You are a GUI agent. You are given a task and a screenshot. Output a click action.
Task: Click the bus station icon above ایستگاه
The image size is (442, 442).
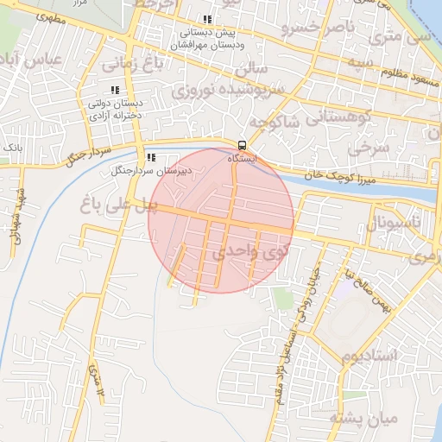pyautogui.click(x=241, y=145)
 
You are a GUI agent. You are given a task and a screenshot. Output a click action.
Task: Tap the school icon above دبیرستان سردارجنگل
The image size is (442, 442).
pyautogui.click(x=151, y=158)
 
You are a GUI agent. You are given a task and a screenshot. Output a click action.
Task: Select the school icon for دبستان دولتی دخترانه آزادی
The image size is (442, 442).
pyautogui.click(x=115, y=91)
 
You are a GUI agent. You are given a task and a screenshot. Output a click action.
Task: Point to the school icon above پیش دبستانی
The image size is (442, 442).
pyautogui.click(x=206, y=20)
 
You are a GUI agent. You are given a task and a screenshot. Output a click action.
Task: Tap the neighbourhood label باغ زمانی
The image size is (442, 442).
pyautogui.click(x=129, y=63)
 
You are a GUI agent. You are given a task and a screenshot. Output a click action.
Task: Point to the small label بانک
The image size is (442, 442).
pyautogui.click(x=12, y=148)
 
